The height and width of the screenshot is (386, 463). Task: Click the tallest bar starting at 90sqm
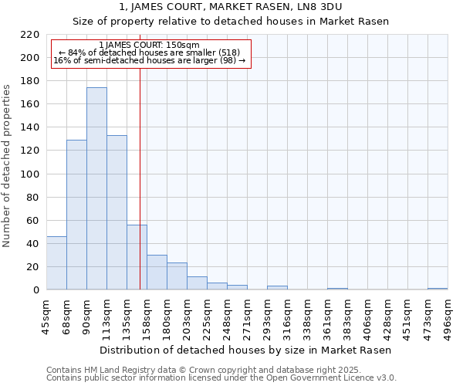click(96, 189)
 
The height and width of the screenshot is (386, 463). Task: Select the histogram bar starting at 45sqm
click(56, 263)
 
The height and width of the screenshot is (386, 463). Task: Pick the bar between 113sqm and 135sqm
click(117, 213)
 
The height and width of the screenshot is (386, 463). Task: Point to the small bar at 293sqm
click(277, 288)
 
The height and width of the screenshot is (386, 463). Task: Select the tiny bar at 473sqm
click(438, 289)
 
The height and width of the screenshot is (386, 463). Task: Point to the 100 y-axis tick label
click(29, 174)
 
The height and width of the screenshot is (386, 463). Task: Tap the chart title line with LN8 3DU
click(231, 7)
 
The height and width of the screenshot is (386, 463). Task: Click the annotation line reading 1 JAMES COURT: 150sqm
click(150, 45)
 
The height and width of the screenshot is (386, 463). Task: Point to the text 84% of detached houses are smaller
click(150, 52)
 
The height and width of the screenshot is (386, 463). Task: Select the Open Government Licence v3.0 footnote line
click(221, 378)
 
